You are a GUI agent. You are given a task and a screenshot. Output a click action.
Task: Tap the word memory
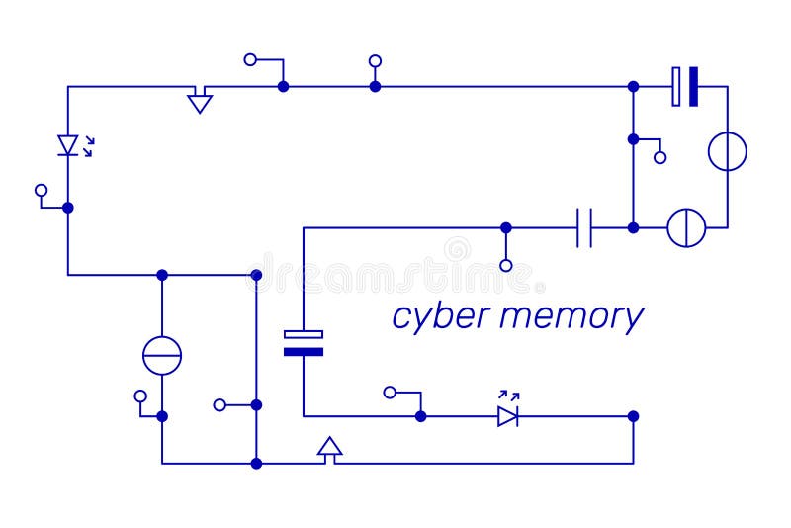coord(571,317)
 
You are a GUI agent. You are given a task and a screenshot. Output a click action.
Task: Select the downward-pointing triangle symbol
coord(200,101)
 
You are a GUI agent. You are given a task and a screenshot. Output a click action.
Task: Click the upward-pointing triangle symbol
coord(330,447)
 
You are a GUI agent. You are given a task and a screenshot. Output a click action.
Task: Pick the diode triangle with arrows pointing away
coord(507,416)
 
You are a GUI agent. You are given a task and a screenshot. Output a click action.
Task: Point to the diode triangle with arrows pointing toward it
coord(68,145)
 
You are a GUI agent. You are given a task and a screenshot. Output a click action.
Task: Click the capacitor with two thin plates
coord(584,227)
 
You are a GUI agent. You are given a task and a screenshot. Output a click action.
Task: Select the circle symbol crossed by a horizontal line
coord(162,355)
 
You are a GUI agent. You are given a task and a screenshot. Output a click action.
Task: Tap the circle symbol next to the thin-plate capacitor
coord(686,227)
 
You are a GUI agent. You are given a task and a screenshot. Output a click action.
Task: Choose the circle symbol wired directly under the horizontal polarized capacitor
coord(727,151)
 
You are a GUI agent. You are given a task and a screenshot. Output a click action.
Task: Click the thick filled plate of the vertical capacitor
coord(304,351)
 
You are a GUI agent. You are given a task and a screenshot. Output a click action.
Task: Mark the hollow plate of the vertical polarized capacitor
coord(304,334)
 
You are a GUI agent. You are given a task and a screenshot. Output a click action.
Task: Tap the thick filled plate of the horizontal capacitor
coord(693,86)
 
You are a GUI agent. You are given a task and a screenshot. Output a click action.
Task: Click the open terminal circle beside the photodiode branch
coord(41,189)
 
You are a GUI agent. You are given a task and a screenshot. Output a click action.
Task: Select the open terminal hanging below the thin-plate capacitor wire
coord(506,265)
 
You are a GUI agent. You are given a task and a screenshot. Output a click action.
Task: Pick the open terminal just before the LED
coord(390,393)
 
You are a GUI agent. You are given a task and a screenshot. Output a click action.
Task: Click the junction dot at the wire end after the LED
coord(633,416)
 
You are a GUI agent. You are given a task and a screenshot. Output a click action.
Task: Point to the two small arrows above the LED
coord(509,395)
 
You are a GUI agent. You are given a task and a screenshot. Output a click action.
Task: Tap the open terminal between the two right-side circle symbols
coord(660,157)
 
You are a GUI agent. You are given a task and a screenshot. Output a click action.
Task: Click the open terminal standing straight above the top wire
coord(375,60)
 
